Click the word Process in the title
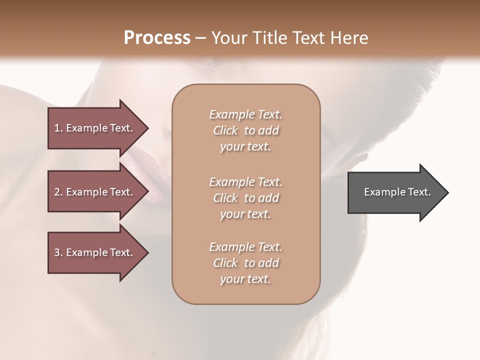(157, 38)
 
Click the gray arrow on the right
(395, 192)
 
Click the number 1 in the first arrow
(57, 128)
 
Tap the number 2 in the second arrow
(57, 192)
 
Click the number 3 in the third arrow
(57, 252)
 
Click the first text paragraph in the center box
(245, 130)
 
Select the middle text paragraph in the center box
(245, 198)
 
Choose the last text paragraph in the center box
(245, 263)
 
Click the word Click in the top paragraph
(225, 130)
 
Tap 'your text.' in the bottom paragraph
(245, 279)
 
